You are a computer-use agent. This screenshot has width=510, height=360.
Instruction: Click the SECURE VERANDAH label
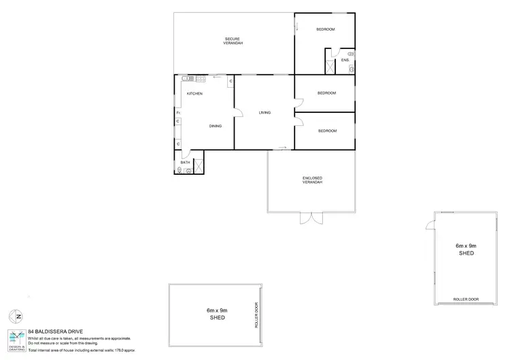pos(233,40)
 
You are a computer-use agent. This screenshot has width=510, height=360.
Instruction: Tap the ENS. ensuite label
pos(345,61)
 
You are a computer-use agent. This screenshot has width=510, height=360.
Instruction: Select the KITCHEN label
pos(195,93)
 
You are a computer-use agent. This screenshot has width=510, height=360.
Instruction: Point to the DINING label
pos(215,126)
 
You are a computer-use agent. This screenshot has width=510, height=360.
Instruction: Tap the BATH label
pos(185,163)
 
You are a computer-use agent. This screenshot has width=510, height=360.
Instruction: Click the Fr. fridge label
pos(177,112)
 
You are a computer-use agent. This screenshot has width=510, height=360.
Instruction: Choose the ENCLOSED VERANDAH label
pos(312,181)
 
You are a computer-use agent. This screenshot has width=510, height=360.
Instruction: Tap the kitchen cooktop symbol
pos(201,78)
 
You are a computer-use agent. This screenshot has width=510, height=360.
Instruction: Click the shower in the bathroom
pos(199,167)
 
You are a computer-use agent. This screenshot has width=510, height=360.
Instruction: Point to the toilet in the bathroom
pos(180,171)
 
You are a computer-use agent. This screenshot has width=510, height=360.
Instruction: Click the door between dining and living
pos(235,112)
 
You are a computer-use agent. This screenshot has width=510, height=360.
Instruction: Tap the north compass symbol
pos(16,316)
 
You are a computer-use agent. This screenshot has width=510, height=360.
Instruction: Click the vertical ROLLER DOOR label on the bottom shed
pos(257,316)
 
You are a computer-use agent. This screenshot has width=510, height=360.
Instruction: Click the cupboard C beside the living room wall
pos(231,82)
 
